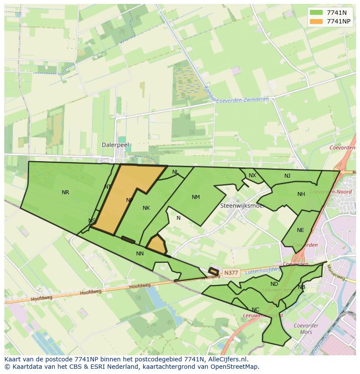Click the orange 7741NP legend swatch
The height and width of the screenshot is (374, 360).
tap(317, 21)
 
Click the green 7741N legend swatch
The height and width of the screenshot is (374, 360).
tap(317, 13)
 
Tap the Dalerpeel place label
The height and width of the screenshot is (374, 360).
tap(115, 145)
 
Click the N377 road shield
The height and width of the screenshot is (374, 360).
tap(230, 273)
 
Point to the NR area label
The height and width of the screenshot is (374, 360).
tap(65, 192)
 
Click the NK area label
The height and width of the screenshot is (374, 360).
tap(146, 208)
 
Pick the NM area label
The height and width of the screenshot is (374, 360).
tap(196, 197)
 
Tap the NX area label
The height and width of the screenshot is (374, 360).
tap(252, 175)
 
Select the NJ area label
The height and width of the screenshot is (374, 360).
tap(287, 176)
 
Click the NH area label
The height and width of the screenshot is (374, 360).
tap(301, 194)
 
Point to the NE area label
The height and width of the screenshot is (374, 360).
tap(300, 230)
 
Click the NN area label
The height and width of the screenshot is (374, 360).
tap(140, 254)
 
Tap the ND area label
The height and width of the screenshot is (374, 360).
tap(274, 285)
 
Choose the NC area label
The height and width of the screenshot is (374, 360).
tap(255, 310)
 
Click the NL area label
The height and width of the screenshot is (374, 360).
tap(175, 172)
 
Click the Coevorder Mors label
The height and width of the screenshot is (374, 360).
tap(306, 329)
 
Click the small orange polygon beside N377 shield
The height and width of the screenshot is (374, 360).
tap(213, 271)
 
